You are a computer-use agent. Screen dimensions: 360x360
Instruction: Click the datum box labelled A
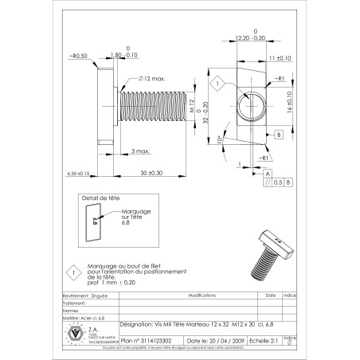[267, 172]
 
